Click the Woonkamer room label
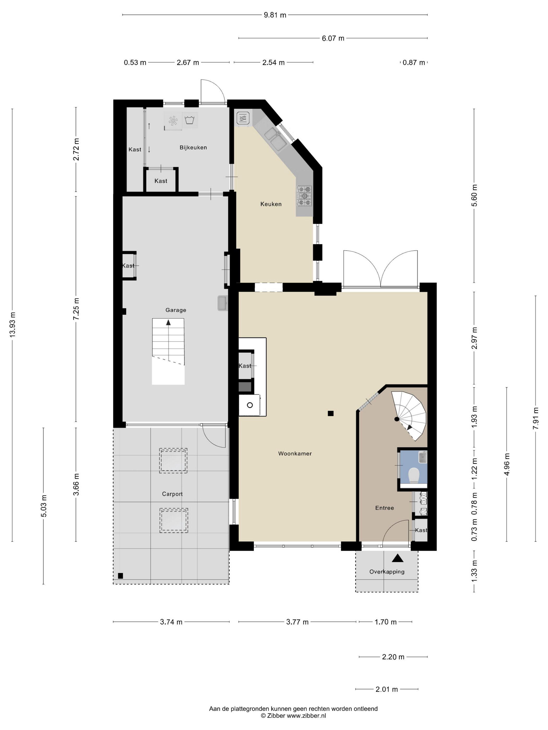pyautogui.click(x=295, y=453)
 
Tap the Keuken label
pyautogui.click(x=271, y=204)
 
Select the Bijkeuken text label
pyautogui.click(x=193, y=148)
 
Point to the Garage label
pyautogui.click(x=176, y=310)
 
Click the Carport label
pyautogui.click(x=172, y=494)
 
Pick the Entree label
pyautogui.click(x=384, y=508)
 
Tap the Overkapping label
pyautogui.click(x=387, y=571)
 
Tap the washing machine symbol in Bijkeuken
pyautogui.click(x=189, y=120)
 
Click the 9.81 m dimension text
pyautogui.click(x=275, y=15)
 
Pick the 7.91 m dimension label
pyautogui.click(x=535, y=418)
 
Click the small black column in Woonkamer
pyautogui.click(x=331, y=413)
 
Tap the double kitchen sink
pyautogui.click(x=275, y=139)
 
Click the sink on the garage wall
pyautogui.click(x=222, y=303)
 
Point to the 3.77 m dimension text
pyautogui.click(x=297, y=622)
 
